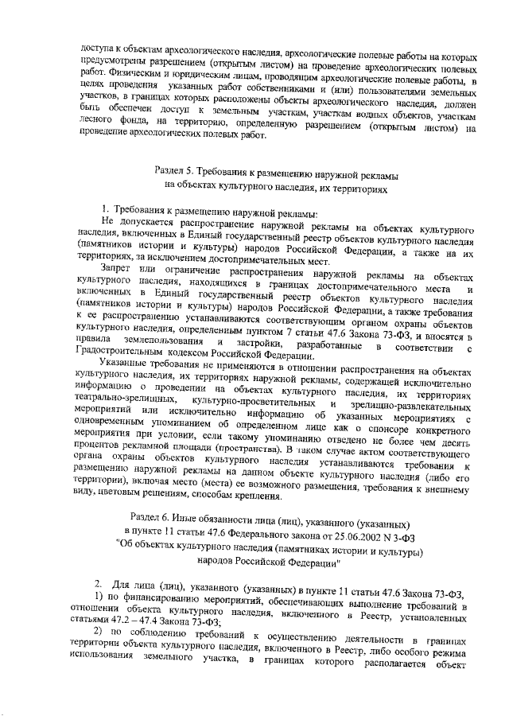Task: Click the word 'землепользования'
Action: point(163,341)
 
